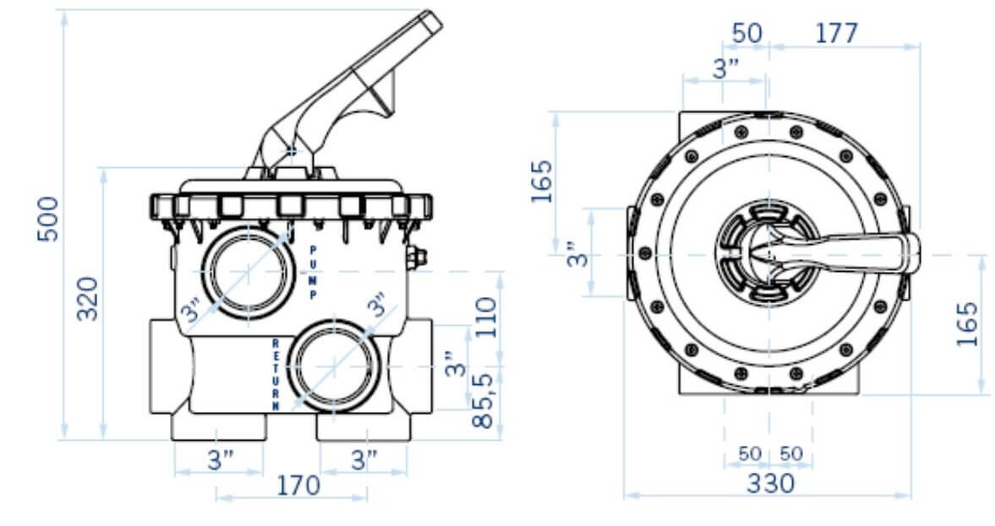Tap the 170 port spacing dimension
(x=298, y=485)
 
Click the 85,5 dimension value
(x=483, y=401)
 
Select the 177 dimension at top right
(x=836, y=33)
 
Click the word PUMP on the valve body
(x=313, y=273)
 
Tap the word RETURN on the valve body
(x=276, y=375)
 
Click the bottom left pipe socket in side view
(x=219, y=426)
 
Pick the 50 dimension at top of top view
(x=747, y=33)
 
